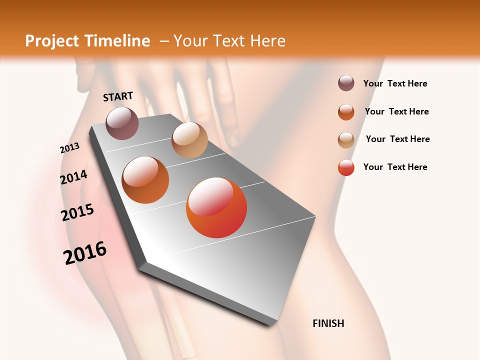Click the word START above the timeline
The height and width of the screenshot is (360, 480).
click(x=118, y=96)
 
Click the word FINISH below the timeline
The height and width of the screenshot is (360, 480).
click(x=328, y=323)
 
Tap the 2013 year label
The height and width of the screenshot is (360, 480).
click(x=69, y=148)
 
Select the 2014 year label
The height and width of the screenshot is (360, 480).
click(x=73, y=177)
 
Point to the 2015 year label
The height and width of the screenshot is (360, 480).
click(x=77, y=212)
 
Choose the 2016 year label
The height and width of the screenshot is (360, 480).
click(x=85, y=253)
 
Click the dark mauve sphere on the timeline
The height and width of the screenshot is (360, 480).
click(x=122, y=123)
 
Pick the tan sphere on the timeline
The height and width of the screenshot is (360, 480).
click(x=189, y=140)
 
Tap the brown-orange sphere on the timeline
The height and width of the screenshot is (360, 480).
click(x=145, y=180)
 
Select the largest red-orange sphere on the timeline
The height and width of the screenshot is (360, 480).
click(x=216, y=207)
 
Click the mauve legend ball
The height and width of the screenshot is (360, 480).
click(x=346, y=83)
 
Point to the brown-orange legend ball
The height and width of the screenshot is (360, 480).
click(x=346, y=112)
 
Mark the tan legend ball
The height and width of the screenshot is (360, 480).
click(x=346, y=140)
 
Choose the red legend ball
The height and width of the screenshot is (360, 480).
click(x=346, y=167)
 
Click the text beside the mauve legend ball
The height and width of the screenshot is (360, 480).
click(x=395, y=83)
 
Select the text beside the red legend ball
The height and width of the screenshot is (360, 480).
click(x=395, y=167)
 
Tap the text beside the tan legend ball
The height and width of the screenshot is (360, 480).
click(x=397, y=139)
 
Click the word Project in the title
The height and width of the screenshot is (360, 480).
click(x=52, y=41)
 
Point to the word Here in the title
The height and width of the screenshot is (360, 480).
click(x=267, y=41)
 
